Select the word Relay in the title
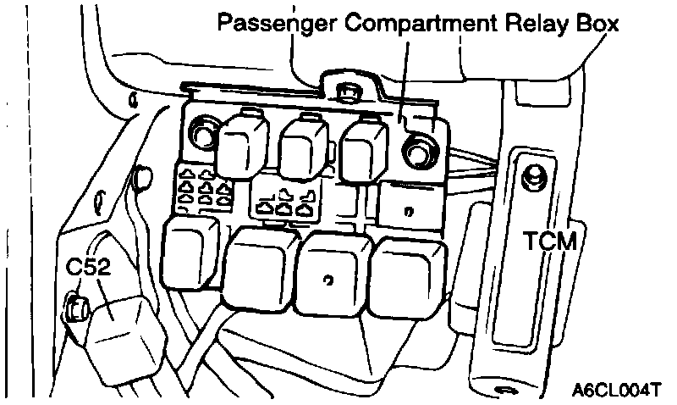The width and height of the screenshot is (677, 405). click(531, 23)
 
